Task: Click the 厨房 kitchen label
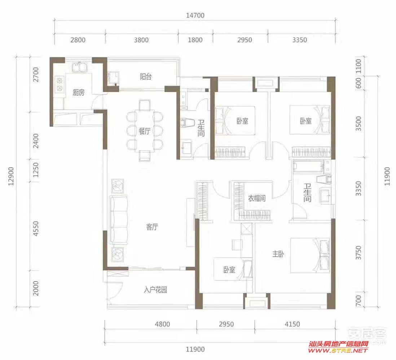[x=79, y=93]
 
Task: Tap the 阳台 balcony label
[x=146, y=76]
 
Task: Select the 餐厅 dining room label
[x=145, y=131]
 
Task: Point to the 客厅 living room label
[x=152, y=227]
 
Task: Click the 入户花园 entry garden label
[x=155, y=290]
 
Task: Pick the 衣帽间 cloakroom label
[x=257, y=198]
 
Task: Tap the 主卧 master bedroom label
[x=278, y=254]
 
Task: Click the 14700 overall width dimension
[x=195, y=15]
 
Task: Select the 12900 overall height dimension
[x=11, y=176]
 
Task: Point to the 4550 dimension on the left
[x=36, y=228]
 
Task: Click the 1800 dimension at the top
[x=195, y=40]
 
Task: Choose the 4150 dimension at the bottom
[x=292, y=324]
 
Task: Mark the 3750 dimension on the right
[x=358, y=253]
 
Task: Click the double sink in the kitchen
[x=80, y=67]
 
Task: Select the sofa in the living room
[x=119, y=220]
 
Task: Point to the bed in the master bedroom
[x=310, y=255]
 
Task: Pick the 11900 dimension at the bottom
[x=195, y=350]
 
